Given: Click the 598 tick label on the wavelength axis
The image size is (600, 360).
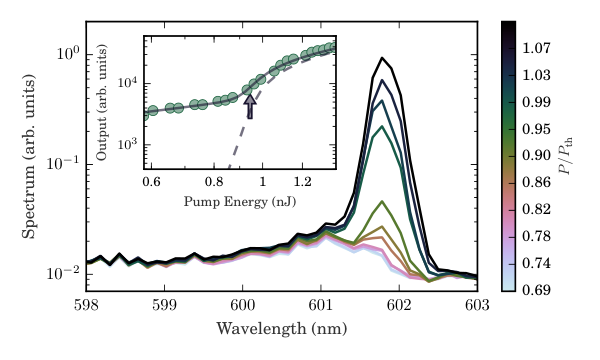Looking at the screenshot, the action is point(86,305).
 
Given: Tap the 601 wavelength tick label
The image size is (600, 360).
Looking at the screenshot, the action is point(321,305).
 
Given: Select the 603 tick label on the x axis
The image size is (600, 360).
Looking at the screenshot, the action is point(477,305).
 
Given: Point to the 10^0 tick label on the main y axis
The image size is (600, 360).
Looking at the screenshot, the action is point(68,53).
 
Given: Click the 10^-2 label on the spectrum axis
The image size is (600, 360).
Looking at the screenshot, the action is point(64,273).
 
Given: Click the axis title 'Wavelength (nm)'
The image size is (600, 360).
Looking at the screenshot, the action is point(282,329).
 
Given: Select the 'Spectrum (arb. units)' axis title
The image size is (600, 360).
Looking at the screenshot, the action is point(29,156).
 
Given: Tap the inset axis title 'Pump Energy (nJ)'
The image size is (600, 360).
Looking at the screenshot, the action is point(240,201).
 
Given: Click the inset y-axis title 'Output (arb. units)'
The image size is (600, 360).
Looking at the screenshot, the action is point(102,102).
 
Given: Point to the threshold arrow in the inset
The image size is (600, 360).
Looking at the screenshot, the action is point(250,106).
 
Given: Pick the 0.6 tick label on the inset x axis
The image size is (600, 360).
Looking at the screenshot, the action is point(152,181).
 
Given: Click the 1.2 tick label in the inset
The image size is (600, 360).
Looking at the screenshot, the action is point(303,181).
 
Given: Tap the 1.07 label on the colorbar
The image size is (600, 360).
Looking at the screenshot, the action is point(536,48).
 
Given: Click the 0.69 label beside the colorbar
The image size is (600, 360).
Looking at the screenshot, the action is point(536,290).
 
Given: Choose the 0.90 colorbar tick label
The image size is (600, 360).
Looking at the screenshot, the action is point(536,155).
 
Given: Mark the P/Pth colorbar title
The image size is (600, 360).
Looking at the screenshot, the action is point(565,155).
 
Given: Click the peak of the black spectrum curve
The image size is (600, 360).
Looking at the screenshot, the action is point(382,58).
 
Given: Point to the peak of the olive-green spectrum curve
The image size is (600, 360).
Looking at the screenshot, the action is point(382,201).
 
